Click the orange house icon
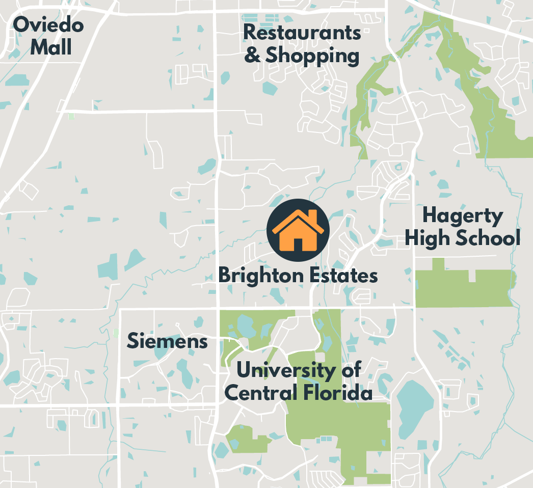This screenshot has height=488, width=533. point(298,230)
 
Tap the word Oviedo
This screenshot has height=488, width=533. point(48,24)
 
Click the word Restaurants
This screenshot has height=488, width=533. point(302,33)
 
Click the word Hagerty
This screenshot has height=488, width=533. point(462,216)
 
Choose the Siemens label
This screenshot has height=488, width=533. point(167,341)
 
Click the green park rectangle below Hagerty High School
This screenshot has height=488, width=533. point(464,288)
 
